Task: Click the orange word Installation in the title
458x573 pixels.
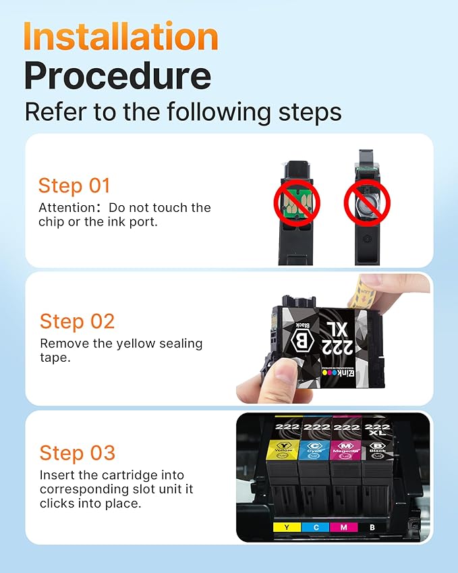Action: [121, 36]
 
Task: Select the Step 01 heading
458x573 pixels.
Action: [74, 186]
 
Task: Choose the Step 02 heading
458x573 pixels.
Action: [77, 321]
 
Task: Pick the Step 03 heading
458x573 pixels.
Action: [77, 453]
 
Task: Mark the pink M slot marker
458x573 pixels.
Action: [345, 526]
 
